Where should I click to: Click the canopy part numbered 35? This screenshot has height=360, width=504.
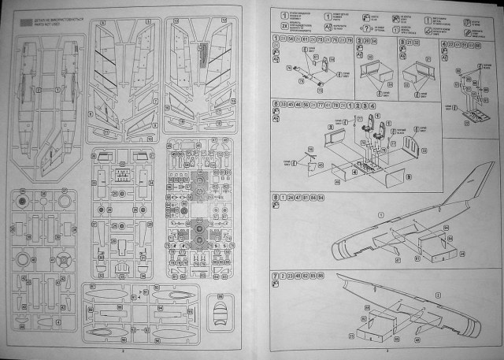tap(223, 307)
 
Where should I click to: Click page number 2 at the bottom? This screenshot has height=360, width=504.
tap(124, 352)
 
